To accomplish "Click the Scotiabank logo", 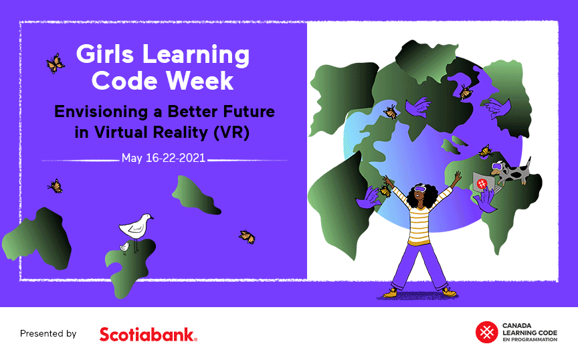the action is (x=149, y=334).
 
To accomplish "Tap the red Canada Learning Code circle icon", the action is (x=486, y=333).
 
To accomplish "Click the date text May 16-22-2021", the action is (x=163, y=158).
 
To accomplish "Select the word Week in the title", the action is (x=199, y=81).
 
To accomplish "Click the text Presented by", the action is (x=48, y=333).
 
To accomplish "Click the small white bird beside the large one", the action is (x=124, y=248).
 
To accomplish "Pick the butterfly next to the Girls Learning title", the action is (x=56, y=64).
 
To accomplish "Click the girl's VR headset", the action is (x=420, y=189).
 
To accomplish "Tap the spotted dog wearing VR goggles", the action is (x=511, y=172).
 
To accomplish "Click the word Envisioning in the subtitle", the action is (x=101, y=111).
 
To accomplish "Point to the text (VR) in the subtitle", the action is (x=231, y=132).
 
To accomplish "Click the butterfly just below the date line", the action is (x=56, y=186).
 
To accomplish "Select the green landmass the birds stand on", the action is (x=130, y=268).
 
